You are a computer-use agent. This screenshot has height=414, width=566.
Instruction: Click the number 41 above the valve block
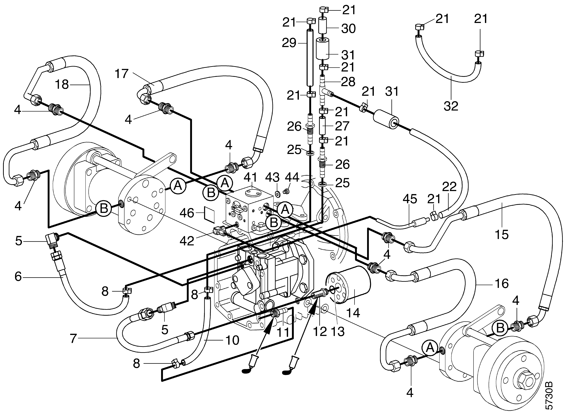click(x=250, y=177)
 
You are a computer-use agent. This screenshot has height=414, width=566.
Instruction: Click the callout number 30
click(x=348, y=29)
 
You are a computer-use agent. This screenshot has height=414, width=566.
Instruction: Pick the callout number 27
click(x=342, y=126)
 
